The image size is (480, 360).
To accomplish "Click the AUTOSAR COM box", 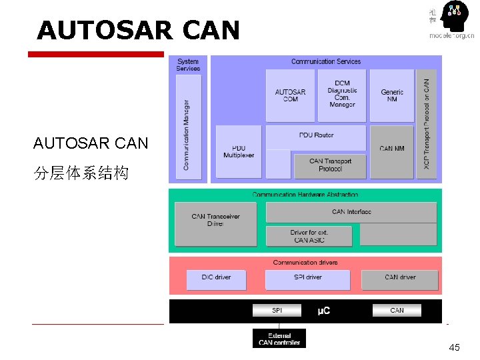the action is point(290,95).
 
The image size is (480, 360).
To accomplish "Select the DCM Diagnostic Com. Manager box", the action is point(341,95).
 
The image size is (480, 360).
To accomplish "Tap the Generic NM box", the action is point(392,95).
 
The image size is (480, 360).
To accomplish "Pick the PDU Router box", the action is point(316,135).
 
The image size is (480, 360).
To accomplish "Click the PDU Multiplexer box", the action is point(238,151).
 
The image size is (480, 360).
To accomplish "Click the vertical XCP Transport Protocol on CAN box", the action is point(427,123).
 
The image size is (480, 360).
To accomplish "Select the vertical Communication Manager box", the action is point(187,127).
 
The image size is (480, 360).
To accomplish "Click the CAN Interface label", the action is point(351,211).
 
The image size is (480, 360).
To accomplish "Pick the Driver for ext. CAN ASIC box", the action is point(309,236).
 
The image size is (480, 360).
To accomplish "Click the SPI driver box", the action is point(307,277).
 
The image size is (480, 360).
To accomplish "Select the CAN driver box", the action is point(399,277).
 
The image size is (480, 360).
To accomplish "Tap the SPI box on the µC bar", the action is point(277,310).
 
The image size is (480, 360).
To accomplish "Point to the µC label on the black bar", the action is point(323,311).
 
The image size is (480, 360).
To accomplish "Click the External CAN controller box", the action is point(279,339).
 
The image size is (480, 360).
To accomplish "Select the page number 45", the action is point(455,347).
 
